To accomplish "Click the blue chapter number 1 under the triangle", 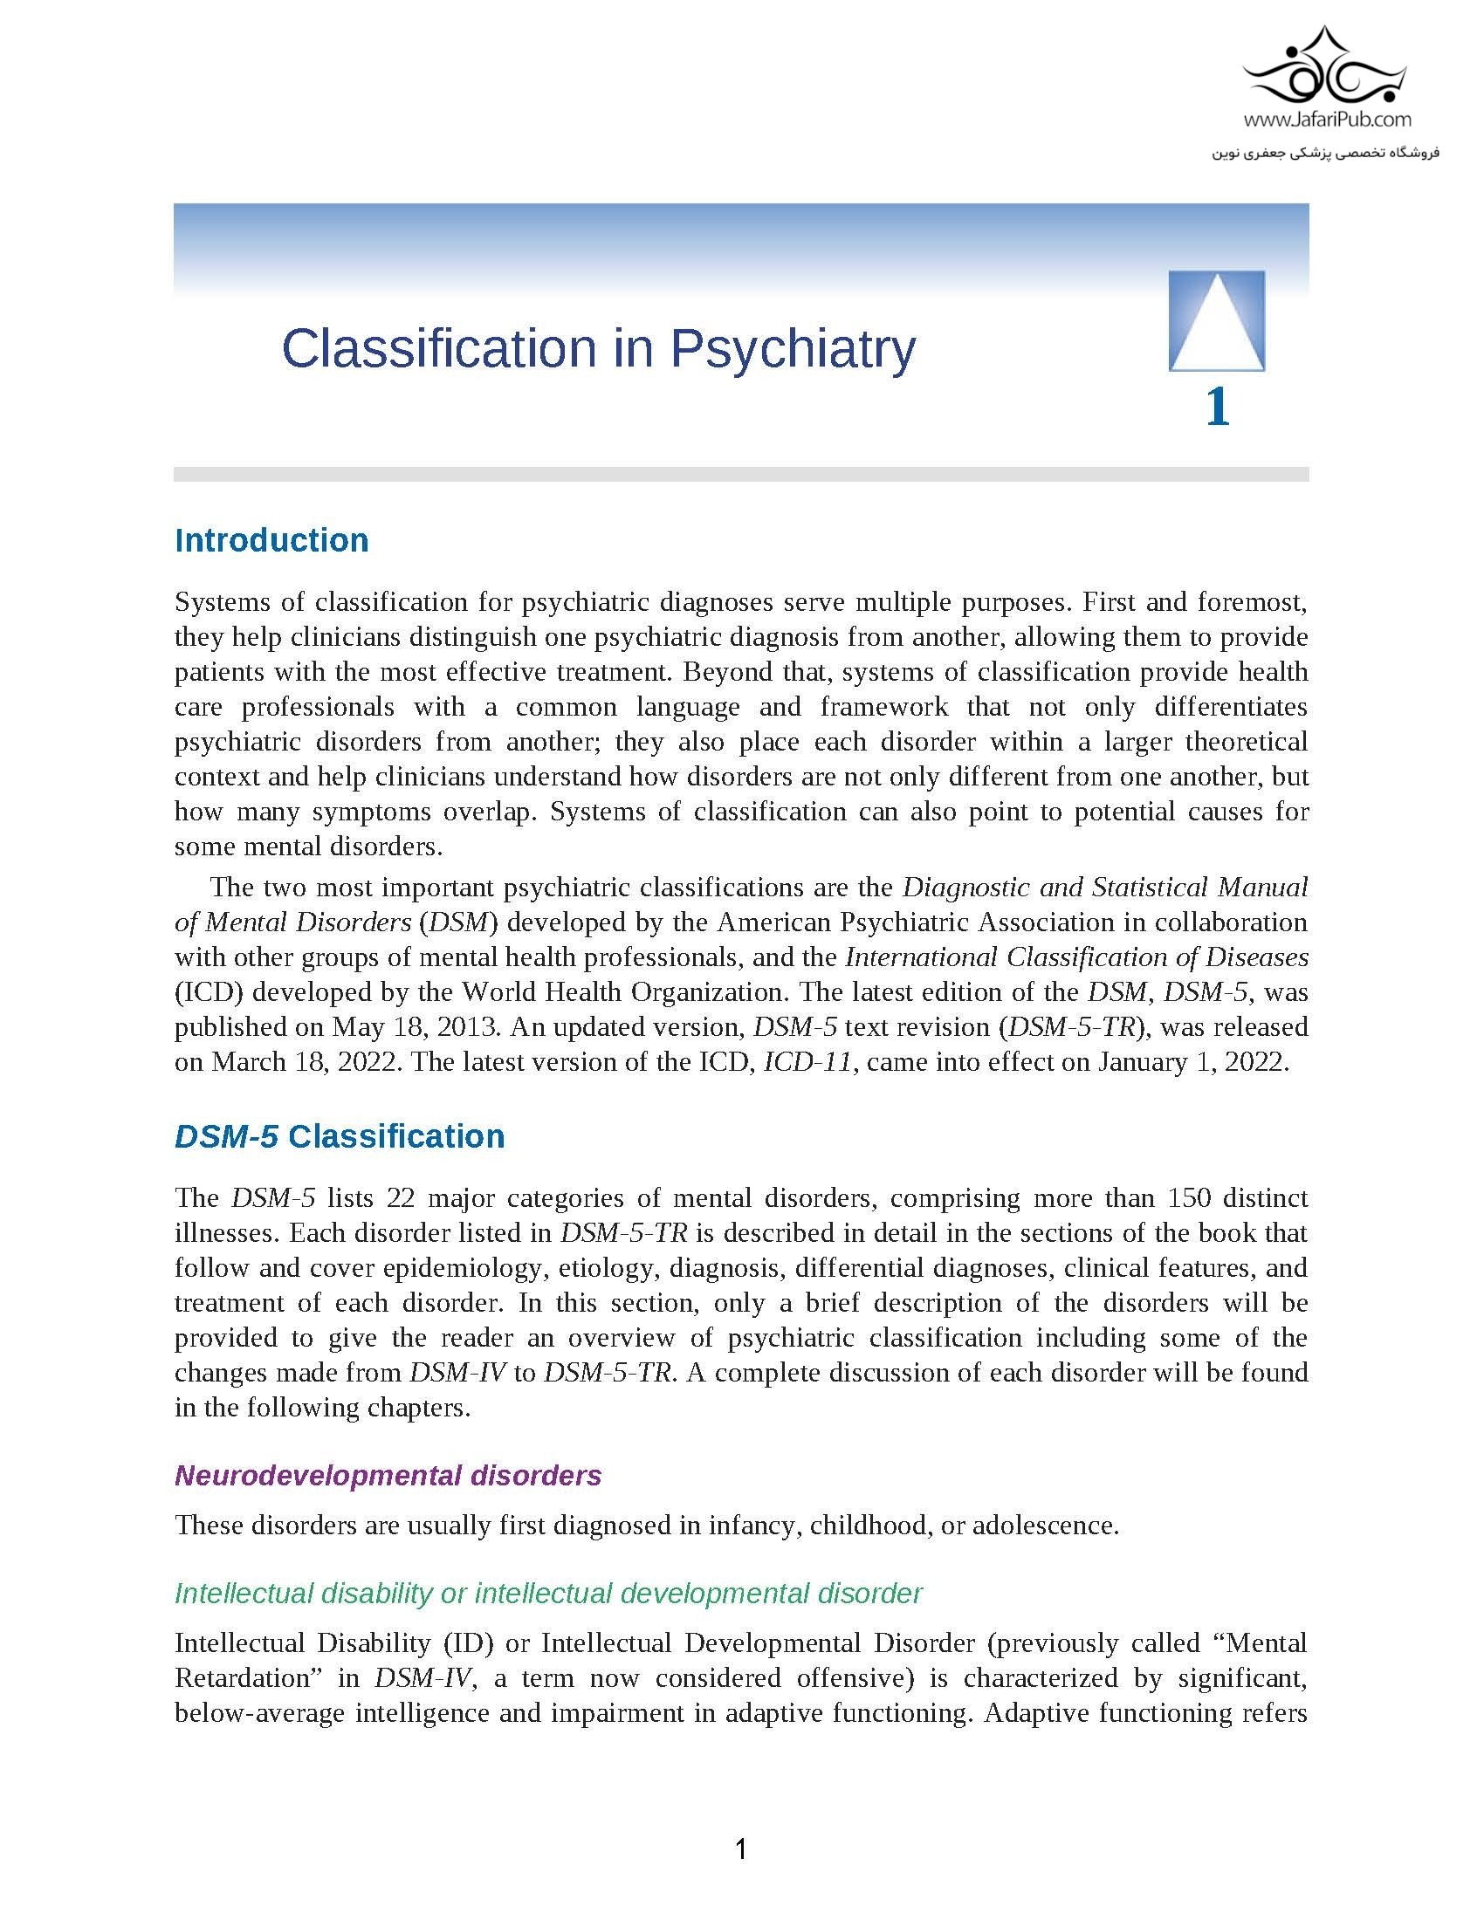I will (1217, 408).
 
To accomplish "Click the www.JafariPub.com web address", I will (1327, 119).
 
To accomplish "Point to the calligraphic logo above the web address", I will (1327, 69).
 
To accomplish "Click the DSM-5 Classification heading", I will (340, 1136).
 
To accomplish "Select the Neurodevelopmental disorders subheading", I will (388, 1475).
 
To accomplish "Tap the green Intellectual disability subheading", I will (547, 1593).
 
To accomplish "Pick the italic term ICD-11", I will (808, 1062).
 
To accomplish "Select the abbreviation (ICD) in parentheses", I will (209, 992).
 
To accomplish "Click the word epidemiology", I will (464, 1268).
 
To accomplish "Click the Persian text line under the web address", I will (1326, 153).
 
